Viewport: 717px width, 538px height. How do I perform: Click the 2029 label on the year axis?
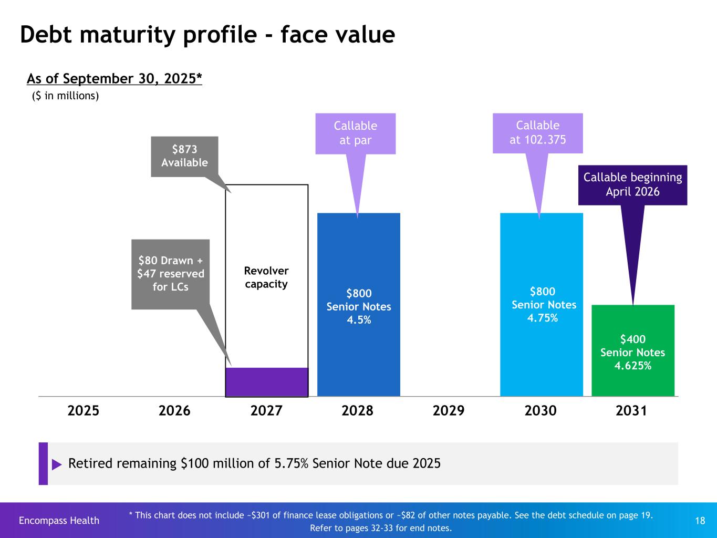(x=449, y=410)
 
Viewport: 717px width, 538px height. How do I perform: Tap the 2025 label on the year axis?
(x=84, y=410)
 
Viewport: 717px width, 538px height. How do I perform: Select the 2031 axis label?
(x=631, y=410)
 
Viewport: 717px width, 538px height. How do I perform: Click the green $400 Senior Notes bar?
(x=633, y=350)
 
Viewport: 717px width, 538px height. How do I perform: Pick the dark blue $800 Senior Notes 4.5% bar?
(x=359, y=305)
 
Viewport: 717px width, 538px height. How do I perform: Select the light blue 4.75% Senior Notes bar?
(x=542, y=305)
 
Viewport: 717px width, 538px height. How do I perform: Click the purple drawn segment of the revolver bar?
(x=267, y=381)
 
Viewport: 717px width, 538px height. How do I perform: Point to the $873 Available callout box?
(x=184, y=157)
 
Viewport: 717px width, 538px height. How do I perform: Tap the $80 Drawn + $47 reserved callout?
(x=171, y=274)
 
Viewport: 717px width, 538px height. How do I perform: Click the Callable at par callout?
(x=356, y=133)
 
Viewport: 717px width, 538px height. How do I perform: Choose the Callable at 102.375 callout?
(x=537, y=132)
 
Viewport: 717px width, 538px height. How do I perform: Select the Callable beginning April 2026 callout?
(x=632, y=184)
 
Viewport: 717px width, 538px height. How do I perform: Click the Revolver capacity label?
(x=266, y=277)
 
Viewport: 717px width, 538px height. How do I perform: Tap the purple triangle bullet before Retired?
(x=57, y=464)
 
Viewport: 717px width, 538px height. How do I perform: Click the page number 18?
(x=700, y=521)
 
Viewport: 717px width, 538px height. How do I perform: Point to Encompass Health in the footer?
(x=59, y=521)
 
